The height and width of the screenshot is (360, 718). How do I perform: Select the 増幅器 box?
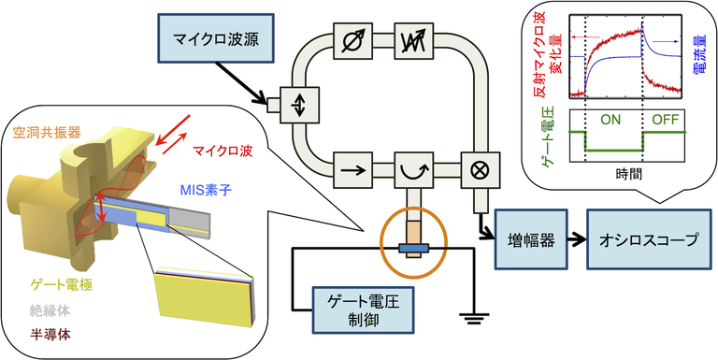(x=530, y=239)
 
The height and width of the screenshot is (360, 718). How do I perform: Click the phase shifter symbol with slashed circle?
(x=352, y=42)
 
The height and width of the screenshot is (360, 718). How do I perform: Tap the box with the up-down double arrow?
(x=298, y=105)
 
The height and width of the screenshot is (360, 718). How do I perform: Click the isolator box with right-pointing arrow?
(x=352, y=171)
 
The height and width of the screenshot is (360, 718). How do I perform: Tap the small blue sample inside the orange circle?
(x=412, y=249)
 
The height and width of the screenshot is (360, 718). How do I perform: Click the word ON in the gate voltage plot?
(x=610, y=122)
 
